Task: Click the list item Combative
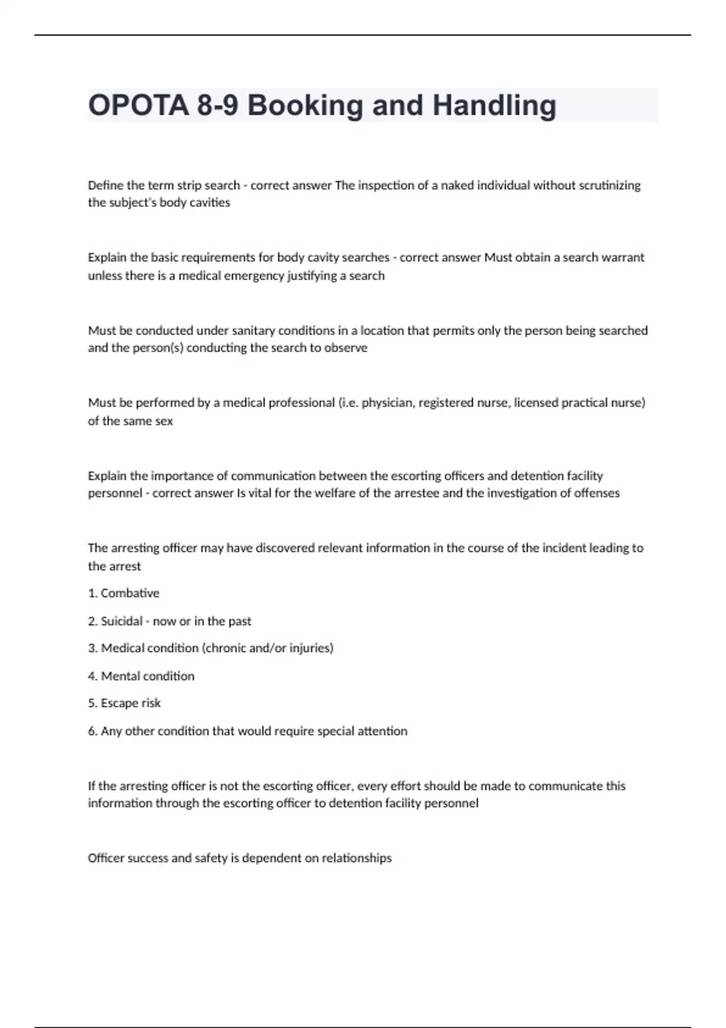[129, 593]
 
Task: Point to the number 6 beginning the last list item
[92, 731]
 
